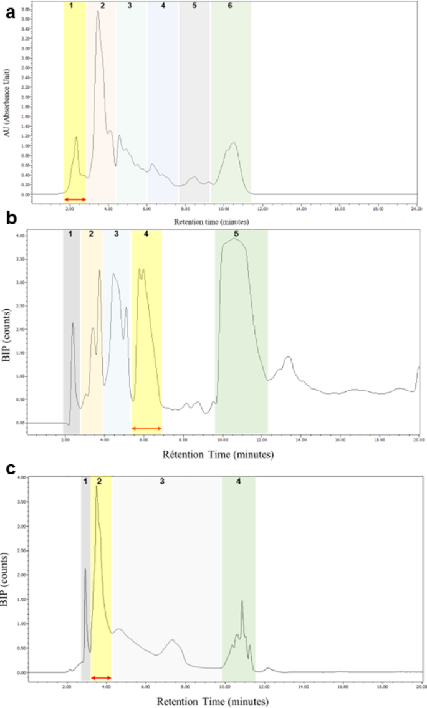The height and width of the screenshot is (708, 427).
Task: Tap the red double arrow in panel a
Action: click(x=75, y=199)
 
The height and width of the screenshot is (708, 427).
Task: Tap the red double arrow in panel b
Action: click(x=146, y=428)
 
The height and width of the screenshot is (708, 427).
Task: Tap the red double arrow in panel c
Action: click(x=101, y=677)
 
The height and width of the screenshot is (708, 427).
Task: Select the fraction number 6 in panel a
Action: click(x=230, y=6)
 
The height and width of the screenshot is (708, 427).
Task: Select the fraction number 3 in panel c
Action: click(x=162, y=482)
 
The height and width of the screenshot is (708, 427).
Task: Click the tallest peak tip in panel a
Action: click(x=98, y=11)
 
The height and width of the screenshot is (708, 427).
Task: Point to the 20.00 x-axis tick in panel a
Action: click(x=416, y=209)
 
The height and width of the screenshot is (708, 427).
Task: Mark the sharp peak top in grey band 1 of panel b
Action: click(x=73, y=323)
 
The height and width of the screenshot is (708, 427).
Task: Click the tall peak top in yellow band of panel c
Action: click(x=97, y=486)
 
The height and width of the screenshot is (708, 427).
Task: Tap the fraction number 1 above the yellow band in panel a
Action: click(x=72, y=6)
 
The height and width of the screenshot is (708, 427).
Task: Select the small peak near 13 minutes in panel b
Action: click(x=287, y=358)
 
